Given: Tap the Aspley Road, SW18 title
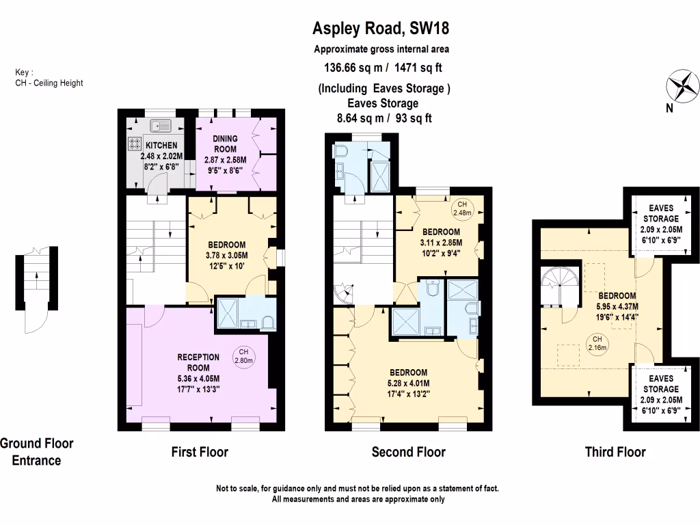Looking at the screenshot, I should [381, 29].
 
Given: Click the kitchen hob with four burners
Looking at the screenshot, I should [133, 145].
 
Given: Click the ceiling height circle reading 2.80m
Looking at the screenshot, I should [244, 356].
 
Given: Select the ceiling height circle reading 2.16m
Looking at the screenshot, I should [597, 342].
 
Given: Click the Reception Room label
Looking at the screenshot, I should [198, 362].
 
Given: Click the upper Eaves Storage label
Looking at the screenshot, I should [660, 213].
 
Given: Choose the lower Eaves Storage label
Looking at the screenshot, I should [660, 383].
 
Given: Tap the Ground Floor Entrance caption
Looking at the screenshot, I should [36, 451].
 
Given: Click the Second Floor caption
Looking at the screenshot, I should [408, 452].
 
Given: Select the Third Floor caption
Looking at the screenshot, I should [615, 452].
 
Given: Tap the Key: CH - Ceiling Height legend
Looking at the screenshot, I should [49, 78].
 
